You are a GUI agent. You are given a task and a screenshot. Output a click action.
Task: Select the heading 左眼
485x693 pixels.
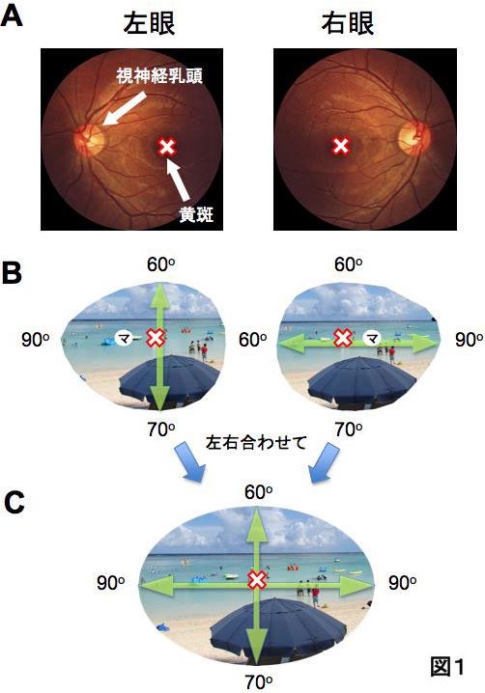(149, 23)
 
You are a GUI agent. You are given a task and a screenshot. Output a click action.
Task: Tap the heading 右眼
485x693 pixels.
(348, 23)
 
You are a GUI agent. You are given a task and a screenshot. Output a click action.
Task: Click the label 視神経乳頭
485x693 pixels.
(159, 76)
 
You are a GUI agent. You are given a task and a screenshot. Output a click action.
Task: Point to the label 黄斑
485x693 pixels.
(196, 215)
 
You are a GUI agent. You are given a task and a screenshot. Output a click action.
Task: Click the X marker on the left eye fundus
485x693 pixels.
(167, 147)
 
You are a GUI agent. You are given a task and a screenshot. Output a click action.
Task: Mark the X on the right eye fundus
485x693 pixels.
(341, 146)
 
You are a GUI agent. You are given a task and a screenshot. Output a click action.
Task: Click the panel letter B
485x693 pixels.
(12, 273)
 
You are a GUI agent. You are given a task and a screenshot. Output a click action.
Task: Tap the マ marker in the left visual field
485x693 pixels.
(124, 339)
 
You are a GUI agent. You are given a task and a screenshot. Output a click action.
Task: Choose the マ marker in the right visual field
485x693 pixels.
(372, 339)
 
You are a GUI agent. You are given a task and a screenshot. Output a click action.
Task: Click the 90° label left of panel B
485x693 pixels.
(36, 340)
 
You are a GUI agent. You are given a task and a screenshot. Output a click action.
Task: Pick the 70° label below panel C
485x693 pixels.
(258, 681)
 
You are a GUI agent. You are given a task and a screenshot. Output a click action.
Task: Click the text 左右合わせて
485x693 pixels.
(256, 442)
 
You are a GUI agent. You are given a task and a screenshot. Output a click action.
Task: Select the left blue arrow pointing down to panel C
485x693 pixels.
(189, 463)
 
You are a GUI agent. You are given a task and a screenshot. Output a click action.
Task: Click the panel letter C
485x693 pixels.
(14, 503)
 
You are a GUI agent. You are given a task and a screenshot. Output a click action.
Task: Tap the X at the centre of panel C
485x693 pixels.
(257, 580)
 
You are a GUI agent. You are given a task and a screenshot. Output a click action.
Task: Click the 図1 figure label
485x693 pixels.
(447, 666)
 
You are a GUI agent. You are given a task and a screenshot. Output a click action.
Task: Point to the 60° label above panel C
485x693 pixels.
(258, 492)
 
